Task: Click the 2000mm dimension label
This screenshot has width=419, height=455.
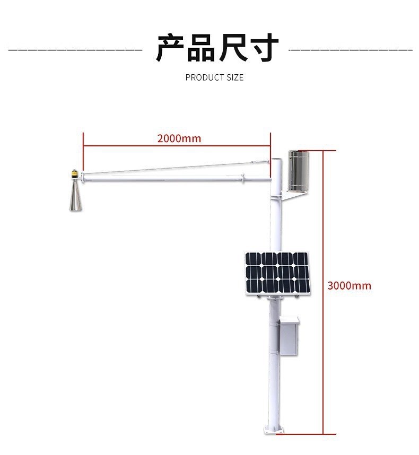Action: coord(179,139)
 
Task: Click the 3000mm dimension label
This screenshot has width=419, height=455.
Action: coord(349,286)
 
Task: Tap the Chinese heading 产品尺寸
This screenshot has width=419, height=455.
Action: coord(217,48)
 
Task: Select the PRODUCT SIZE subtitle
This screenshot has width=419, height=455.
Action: coord(214,77)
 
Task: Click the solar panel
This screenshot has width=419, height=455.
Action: coord(277,273)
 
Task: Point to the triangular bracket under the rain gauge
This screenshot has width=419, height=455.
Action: coord(292,195)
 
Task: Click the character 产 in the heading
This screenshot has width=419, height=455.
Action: coord(170,48)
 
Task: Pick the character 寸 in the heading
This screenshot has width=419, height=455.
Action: coord(264,48)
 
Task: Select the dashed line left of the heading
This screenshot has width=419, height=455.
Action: coord(75,50)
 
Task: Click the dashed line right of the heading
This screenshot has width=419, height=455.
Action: coord(351,50)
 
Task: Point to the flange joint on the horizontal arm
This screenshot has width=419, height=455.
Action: coord(243,178)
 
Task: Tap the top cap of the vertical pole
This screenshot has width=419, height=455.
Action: coord(276,160)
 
